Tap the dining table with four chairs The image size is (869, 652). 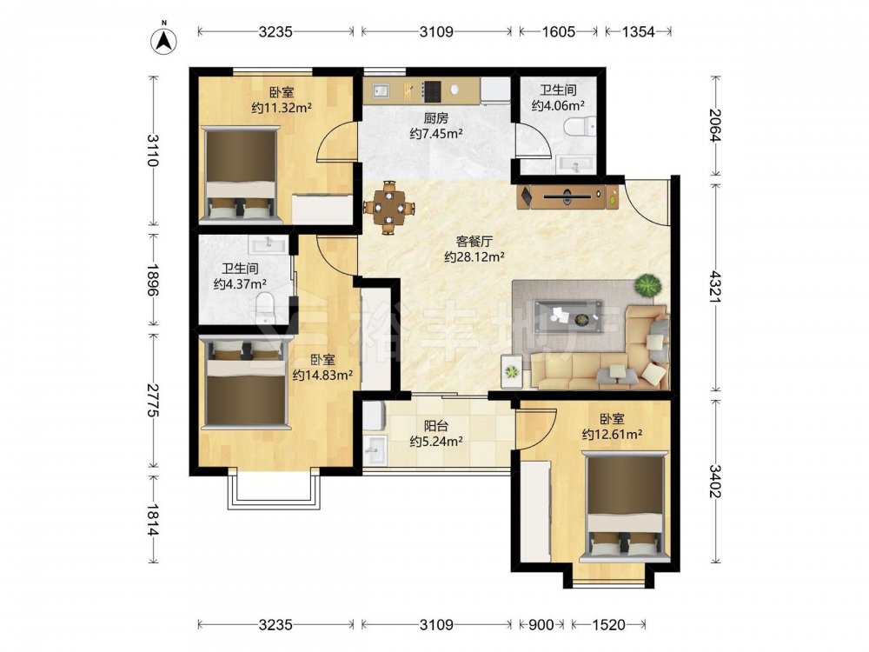(389, 208)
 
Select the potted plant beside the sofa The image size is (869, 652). (648, 286)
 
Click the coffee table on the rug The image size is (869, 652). (568, 316)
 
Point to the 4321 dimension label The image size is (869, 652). (716, 287)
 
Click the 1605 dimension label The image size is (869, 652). (558, 31)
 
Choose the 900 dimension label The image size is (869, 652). (541, 625)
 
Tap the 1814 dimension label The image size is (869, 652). (153, 520)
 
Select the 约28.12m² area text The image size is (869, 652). (474, 256)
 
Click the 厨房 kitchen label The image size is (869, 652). (436, 118)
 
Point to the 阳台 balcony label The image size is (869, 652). (436, 426)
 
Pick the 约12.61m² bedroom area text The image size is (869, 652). (612, 434)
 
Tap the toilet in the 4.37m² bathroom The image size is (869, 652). (265, 307)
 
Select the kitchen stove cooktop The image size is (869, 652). (432, 90)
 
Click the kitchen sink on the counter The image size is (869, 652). (381, 90)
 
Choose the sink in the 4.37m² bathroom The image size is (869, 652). (269, 244)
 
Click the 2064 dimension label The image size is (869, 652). (716, 125)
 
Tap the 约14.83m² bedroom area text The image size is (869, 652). (323, 376)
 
